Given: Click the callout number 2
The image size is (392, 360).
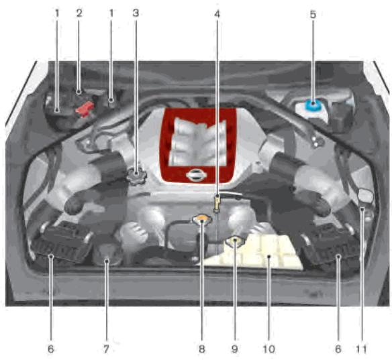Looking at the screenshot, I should coord(79,13).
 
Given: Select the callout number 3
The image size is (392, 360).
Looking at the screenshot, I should coord(136,13).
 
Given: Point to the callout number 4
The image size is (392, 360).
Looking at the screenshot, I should coord(217,13).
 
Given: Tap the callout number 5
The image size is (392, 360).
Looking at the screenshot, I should coord(312,13).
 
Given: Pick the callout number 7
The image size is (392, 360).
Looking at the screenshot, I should coord(106,349).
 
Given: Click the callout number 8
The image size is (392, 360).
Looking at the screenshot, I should coord(202,349).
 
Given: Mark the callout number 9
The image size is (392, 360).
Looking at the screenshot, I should coord(235,349).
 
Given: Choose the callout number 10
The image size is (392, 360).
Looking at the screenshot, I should coord(268,349).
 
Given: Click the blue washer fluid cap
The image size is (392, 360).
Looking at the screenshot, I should coord(312,105).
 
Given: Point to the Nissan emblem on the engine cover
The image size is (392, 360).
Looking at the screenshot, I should coord(195,176).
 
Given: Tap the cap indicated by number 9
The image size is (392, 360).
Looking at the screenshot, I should coord(234,241).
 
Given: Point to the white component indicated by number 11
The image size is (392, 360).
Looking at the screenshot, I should coord(366,196).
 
